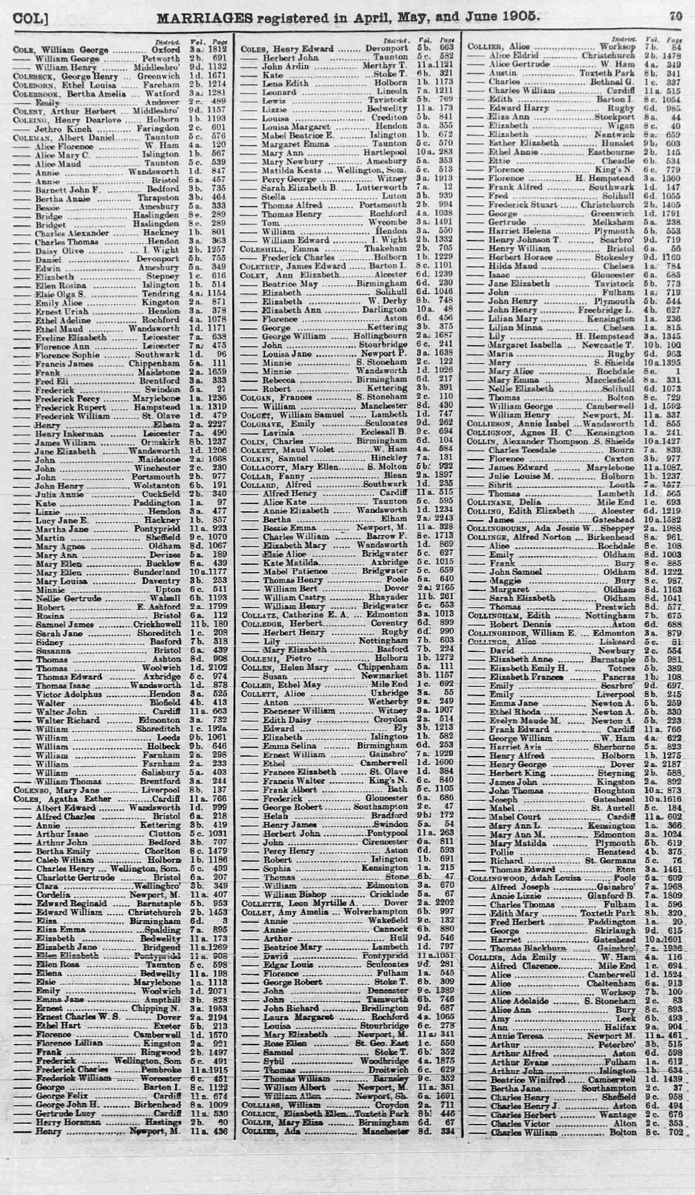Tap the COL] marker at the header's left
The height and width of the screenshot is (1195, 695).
click(x=32, y=18)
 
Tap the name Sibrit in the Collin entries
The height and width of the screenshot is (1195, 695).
click(x=500, y=485)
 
